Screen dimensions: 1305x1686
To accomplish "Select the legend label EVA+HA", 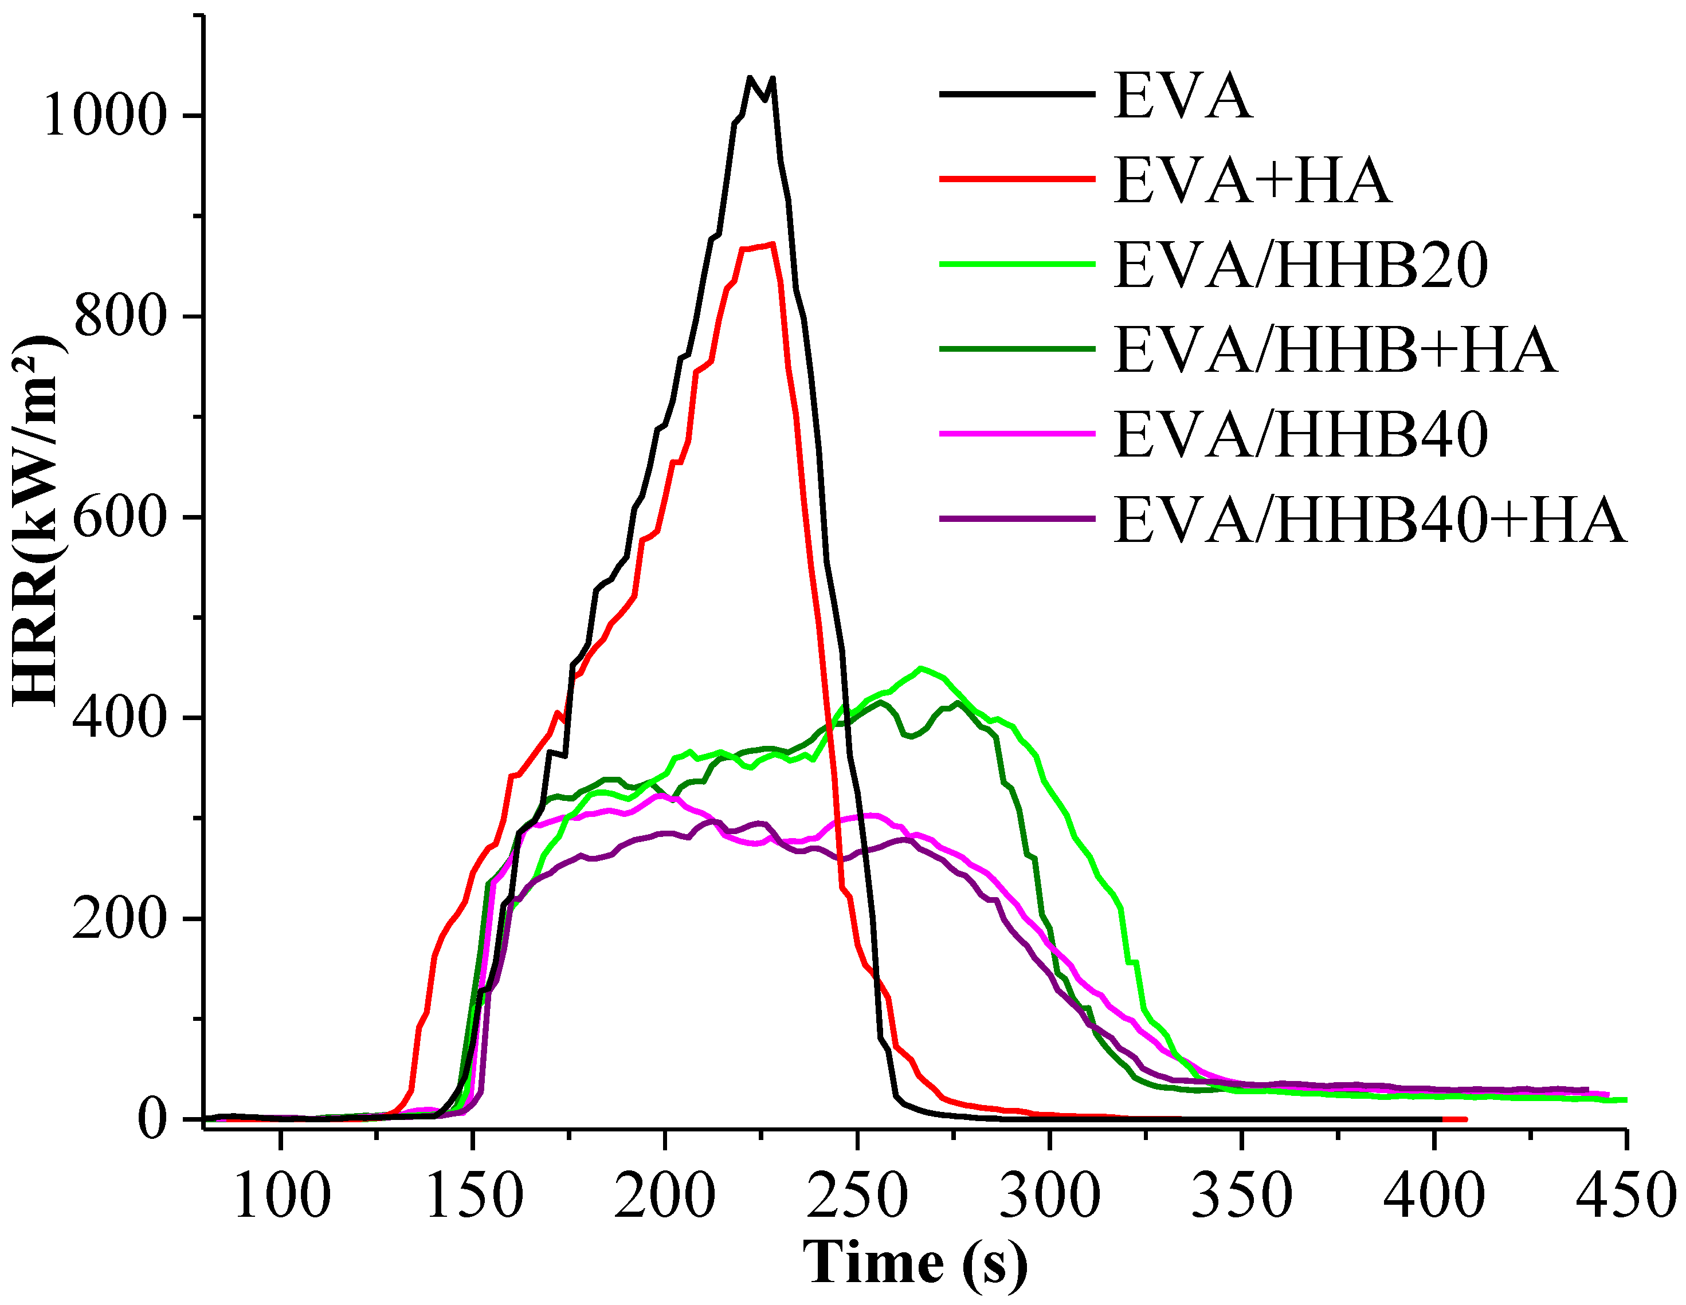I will [1252, 180].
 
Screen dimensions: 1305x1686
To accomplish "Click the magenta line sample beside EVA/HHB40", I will [1017, 434].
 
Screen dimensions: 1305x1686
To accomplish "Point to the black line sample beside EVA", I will [1017, 94].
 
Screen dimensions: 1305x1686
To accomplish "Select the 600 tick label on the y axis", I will [120, 517].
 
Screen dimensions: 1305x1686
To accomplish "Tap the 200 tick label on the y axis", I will [120, 918].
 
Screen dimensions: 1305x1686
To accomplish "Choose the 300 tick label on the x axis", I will [1050, 1196].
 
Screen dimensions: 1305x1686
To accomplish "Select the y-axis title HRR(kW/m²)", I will [38, 521].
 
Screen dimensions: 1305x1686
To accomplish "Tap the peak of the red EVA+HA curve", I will [772, 245].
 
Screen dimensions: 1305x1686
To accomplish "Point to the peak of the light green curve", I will [920, 669].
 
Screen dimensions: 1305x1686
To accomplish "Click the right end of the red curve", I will [1464, 1119].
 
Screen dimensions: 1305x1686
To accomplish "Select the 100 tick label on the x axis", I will [281, 1196].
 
